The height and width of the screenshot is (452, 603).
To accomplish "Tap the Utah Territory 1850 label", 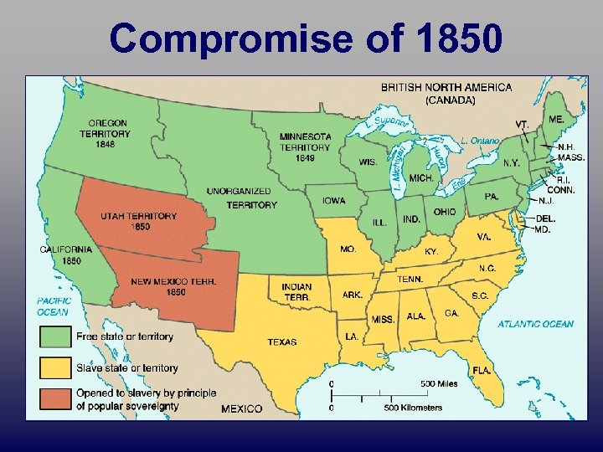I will [x=139, y=221].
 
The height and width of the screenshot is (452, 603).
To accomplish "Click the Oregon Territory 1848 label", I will [x=106, y=134].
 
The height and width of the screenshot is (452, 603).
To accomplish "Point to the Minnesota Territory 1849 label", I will [x=306, y=147].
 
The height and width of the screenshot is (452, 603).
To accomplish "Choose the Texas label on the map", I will [x=281, y=342].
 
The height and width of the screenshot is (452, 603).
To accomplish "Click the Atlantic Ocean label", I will [x=536, y=324].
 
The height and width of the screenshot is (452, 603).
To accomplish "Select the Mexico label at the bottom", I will [x=242, y=408].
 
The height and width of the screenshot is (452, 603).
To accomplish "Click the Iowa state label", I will [x=333, y=201].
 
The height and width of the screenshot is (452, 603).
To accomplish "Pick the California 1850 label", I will [x=66, y=254].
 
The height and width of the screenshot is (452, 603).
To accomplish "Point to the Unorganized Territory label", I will [x=241, y=198].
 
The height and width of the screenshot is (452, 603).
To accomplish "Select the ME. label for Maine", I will [x=555, y=121].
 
